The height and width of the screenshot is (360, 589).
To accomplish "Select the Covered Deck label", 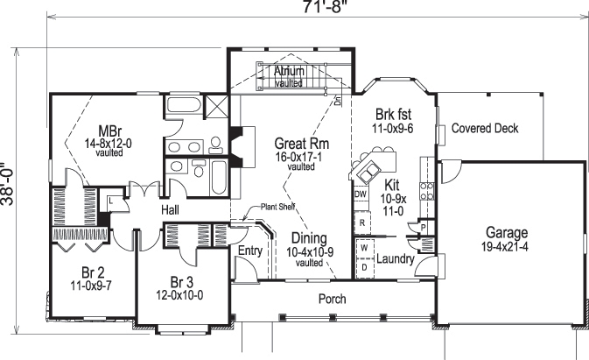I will tap(485, 129).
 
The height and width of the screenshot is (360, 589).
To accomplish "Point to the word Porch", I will tap(332, 300).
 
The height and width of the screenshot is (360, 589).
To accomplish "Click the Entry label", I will tap(250, 251).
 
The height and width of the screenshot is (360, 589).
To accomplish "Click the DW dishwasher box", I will tap(361, 194).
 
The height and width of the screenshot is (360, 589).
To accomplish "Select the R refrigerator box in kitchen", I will tap(361, 222).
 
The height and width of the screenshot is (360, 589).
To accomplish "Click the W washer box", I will tap(363, 248).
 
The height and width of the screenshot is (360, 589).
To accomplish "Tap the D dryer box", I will tap(363, 265).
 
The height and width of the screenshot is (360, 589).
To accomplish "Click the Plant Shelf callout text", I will tap(277, 208).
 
